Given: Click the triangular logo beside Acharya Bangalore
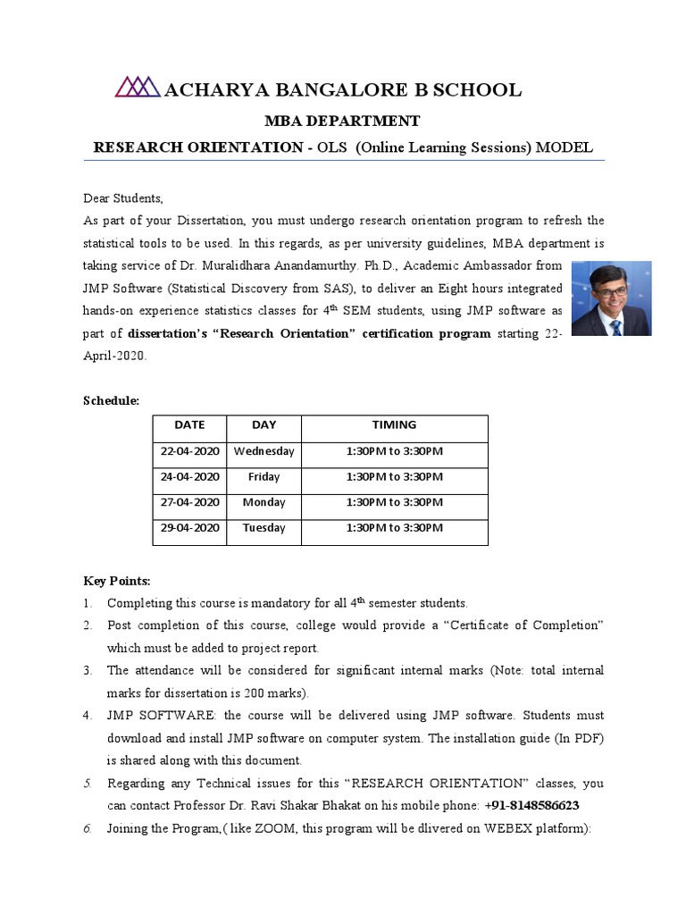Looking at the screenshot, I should [x=138, y=87].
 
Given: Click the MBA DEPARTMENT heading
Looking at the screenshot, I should [x=343, y=120].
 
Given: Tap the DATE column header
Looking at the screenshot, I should [x=189, y=425].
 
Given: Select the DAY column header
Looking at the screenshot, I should [x=264, y=425].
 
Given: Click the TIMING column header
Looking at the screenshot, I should [x=394, y=425].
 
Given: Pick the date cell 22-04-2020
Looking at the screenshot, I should [x=189, y=451].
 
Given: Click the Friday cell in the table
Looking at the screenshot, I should [x=264, y=477].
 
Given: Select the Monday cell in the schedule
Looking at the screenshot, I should [x=264, y=502].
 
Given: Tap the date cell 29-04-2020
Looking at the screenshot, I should [x=189, y=528].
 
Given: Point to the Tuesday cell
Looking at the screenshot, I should [x=264, y=528].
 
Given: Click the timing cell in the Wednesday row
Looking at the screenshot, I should [x=394, y=451].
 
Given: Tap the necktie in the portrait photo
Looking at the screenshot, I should [x=615, y=325].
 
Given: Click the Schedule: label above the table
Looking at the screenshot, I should [x=112, y=401].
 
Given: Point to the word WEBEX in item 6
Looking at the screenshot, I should [x=486, y=828].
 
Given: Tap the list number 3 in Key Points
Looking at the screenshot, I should [x=88, y=670].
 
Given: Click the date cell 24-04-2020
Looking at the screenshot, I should [x=189, y=477].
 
